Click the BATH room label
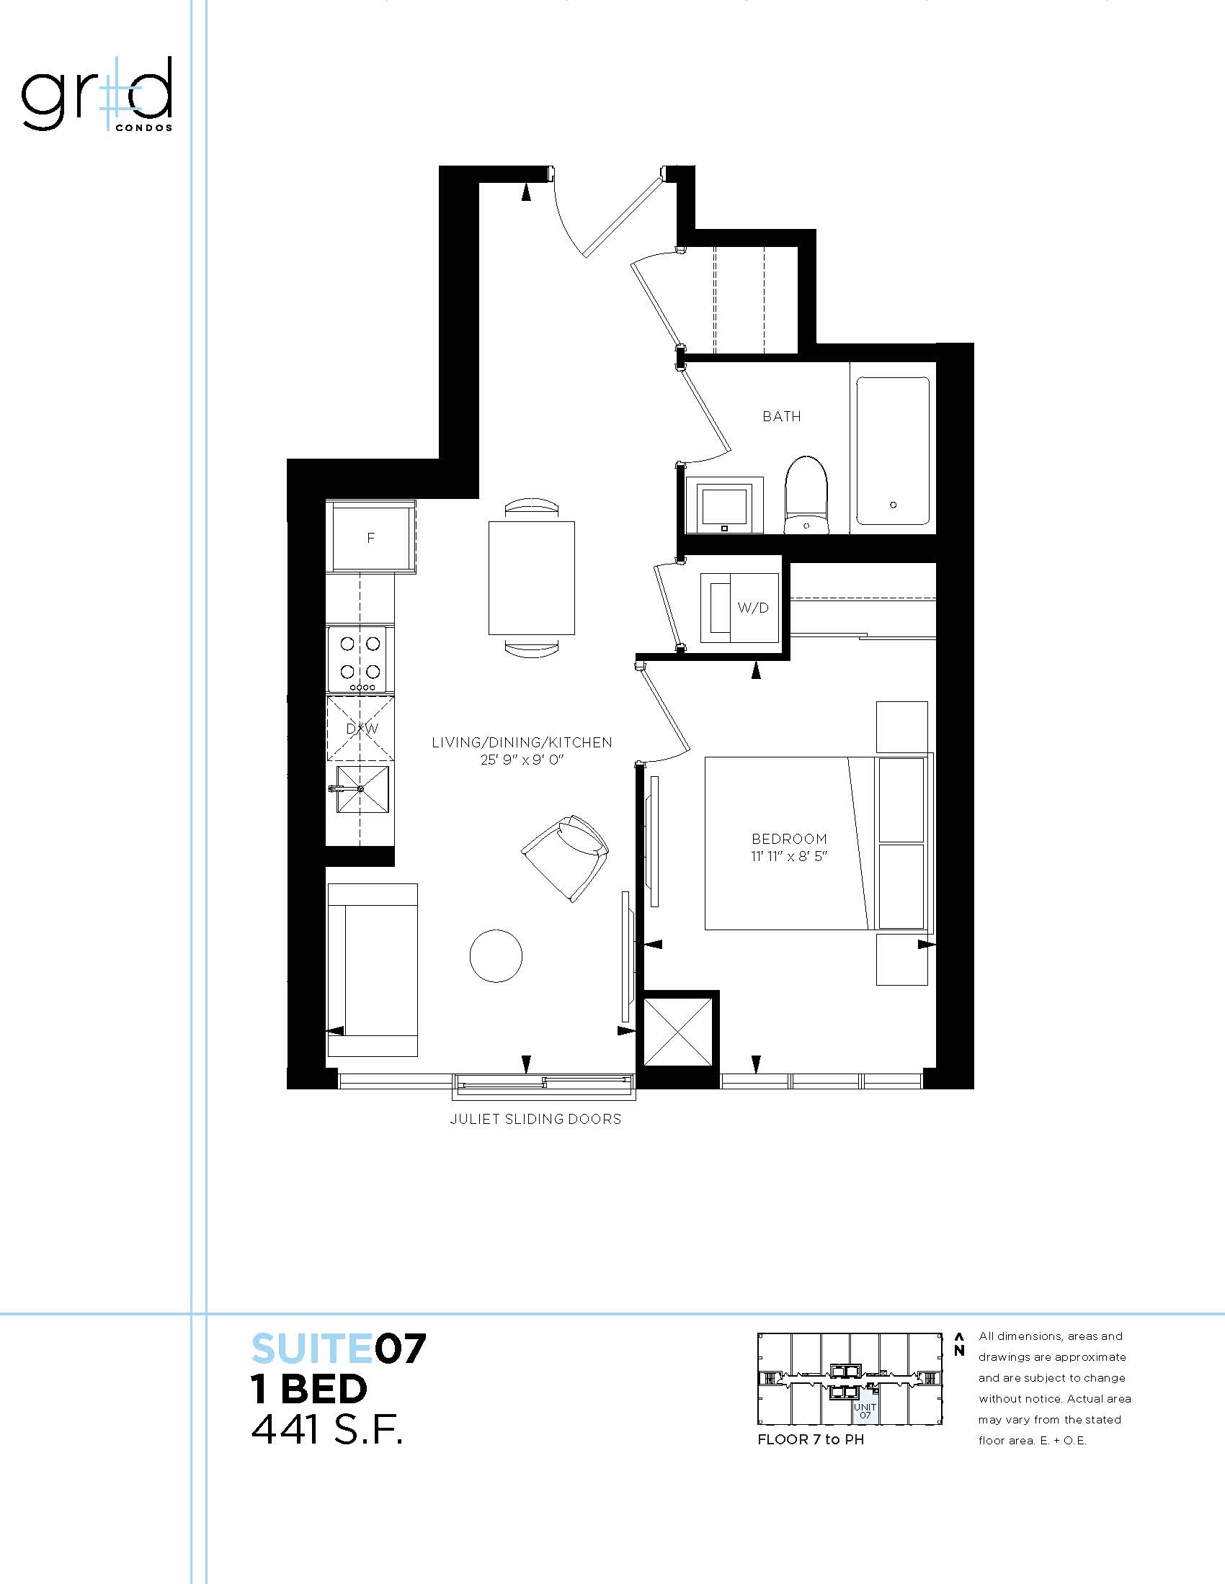click(782, 416)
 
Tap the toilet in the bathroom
click(806, 495)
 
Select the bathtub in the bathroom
click(893, 451)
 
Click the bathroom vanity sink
click(723, 505)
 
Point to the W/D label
click(752, 608)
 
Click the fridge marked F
click(371, 537)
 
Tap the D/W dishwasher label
click(362, 728)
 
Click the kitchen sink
click(360, 789)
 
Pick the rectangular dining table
click(532, 578)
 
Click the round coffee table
click(496, 955)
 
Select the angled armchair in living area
click(565, 858)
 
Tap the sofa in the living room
click(373, 970)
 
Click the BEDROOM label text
click(789, 838)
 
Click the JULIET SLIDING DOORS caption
click(535, 1119)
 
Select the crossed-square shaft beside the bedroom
click(678, 1032)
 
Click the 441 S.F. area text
click(326, 1431)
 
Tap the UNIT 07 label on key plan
click(865, 1410)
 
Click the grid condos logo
click(97, 94)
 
